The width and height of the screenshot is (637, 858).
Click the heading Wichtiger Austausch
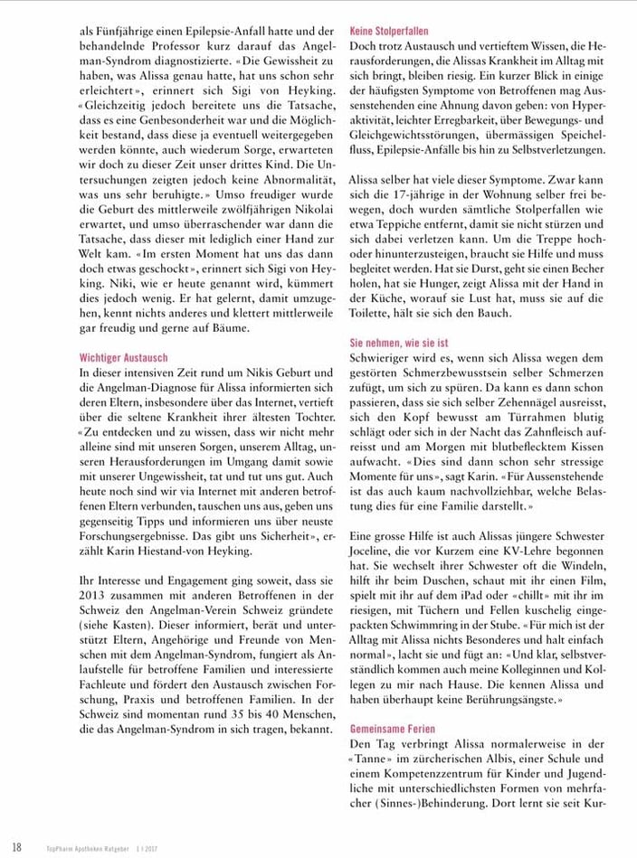[x=122, y=358]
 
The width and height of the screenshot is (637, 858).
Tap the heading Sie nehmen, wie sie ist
[x=399, y=344]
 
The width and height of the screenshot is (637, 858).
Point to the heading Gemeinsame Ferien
[x=392, y=729]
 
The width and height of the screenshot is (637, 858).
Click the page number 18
[x=17, y=846]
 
